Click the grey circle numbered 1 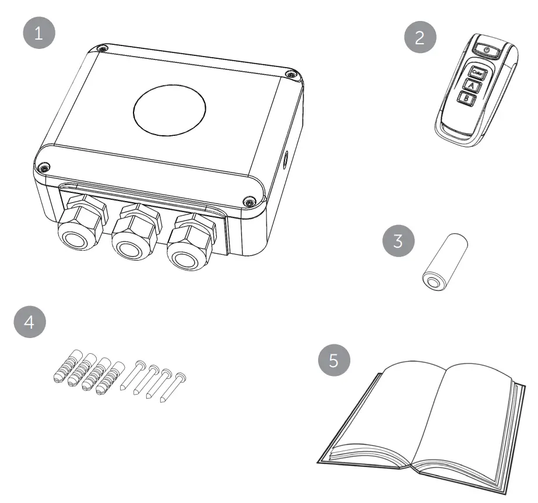coord(38,33)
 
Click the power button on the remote coord(487,51)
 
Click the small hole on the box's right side coord(286,159)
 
